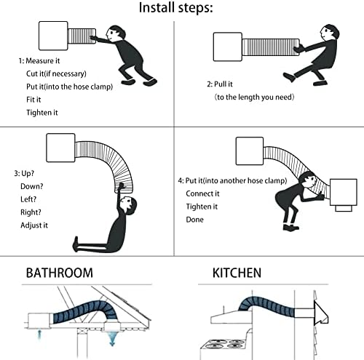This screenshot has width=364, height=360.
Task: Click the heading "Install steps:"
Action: (x=175, y=8)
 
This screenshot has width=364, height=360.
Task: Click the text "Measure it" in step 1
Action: (x=43, y=60)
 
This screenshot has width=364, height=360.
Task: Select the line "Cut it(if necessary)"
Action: (x=56, y=73)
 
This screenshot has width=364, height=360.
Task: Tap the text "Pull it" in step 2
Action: (x=223, y=84)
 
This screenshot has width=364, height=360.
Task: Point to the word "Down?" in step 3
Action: (x=32, y=186)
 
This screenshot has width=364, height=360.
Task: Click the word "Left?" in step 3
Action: (x=28, y=199)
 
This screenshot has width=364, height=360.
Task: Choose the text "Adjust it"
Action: (x=34, y=225)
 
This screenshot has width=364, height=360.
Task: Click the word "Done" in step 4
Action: (x=194, y=220)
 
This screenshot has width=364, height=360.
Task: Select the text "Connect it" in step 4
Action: (x=202, y=193)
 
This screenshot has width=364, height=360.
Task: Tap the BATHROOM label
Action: (x=60, y=273)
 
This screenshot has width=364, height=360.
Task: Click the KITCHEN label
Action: (x=237, y=273)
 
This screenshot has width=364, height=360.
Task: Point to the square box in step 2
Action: (x=228, y=47)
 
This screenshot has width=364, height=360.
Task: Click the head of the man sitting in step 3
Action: (x=129, y=206)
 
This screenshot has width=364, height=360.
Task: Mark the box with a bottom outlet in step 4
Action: (x=344, y=195)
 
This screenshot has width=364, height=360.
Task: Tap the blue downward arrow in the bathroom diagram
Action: (x=112, y=338)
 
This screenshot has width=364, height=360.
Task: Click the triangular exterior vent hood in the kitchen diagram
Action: (x=321, y=313)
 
